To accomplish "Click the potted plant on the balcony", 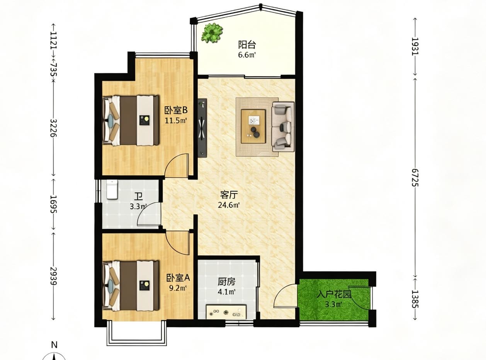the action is click(212, 33).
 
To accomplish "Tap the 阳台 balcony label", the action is click(247, 45).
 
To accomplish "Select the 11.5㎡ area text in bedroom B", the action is click(176, 121).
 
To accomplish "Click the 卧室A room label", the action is click(178, 278).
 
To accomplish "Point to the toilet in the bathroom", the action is click(112, 190).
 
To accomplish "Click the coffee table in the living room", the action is click(253, 126).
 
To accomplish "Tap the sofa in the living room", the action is click(283, 127).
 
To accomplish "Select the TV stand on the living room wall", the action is click(202, 128).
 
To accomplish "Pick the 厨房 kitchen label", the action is click(226, 282).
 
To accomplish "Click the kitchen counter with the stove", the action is click(226, 312).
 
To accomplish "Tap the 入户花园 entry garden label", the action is click(334, 295).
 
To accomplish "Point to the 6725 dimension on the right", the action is click(415, 177).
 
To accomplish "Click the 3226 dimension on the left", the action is click(53, 128).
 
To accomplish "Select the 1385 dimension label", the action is click(415, 299).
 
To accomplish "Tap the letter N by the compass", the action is click(54, 345).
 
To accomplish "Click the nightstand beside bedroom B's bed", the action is click(144, 120).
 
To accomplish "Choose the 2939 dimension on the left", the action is click(53, 276).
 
